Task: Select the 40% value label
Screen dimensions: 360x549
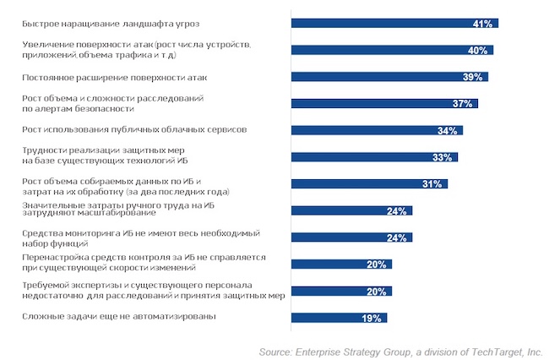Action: click(x=478, y=51)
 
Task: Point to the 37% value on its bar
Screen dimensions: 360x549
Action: click(x=462, y=104)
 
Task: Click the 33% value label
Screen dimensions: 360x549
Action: click(x=442, y=157)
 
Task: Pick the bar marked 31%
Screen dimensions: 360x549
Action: click(x=368, y=183)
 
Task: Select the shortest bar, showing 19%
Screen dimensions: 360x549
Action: click(x=339, y=318)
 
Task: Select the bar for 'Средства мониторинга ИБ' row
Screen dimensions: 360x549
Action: click(x=351, y=237)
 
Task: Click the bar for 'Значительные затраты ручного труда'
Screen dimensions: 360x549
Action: click(x=351, y=210)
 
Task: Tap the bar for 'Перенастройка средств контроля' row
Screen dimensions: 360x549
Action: click(x=341, y=265)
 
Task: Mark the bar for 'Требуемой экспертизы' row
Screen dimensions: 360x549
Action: click(x=341, y=292)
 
